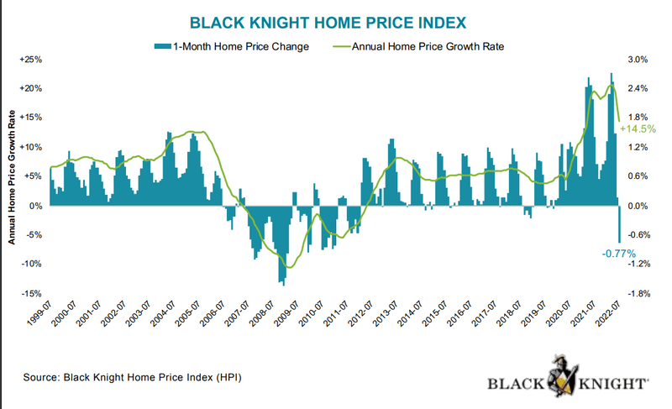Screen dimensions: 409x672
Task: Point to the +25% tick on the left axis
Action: tap(30, 60)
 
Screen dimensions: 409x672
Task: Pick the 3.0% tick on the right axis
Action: tap(638, 60)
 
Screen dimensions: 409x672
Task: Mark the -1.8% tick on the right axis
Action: tap(640, 294)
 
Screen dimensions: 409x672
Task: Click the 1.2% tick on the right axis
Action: tap(638, 148)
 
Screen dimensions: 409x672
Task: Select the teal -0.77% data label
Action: tap(619, 253)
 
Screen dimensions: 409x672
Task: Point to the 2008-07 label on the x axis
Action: tap(265, 318)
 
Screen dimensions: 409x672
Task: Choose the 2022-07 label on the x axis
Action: tap(612, 318)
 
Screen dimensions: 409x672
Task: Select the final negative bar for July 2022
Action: tap(619, 224)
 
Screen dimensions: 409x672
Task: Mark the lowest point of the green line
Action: tap(290, 267)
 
